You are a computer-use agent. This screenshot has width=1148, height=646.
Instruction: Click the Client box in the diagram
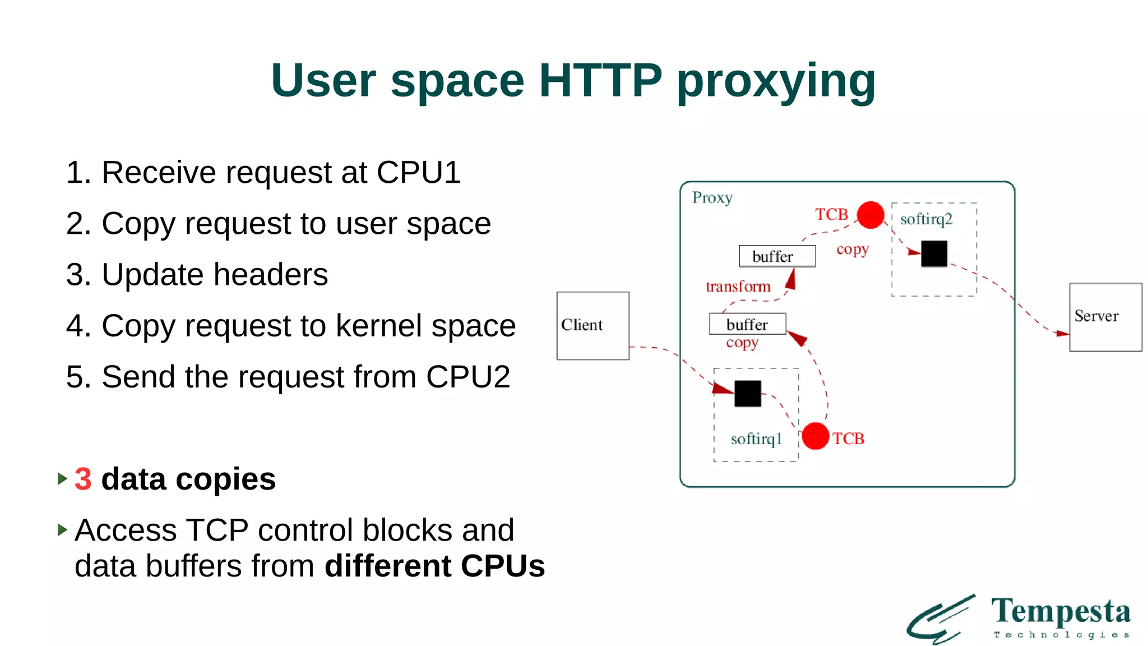(592, 325)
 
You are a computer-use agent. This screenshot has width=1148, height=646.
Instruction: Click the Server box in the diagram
(1105, 317)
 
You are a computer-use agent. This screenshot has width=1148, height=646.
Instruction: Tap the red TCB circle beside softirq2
(870, 215)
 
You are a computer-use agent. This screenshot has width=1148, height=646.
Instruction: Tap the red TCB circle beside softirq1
(815, 436)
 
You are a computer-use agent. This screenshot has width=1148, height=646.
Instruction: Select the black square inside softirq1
(747, 394)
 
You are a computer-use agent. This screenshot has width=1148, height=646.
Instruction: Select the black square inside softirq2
(934, 253)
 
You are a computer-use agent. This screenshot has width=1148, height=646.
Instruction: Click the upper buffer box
(777, 256)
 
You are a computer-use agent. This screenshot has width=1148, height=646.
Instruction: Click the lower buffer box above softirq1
(747, 324)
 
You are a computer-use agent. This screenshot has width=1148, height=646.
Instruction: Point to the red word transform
(738, 287)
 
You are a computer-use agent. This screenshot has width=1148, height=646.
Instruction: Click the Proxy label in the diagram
(712, 197)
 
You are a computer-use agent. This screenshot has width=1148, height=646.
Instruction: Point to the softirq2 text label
(926, 219)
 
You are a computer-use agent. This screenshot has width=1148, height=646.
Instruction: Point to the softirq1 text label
(756, 439)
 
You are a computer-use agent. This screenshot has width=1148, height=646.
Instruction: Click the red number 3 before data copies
(83, 479)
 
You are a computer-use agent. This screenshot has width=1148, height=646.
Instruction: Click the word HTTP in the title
(600, 81)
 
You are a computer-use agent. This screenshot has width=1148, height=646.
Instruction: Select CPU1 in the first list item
(418, 173)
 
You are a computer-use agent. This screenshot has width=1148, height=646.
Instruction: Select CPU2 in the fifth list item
(467, 377)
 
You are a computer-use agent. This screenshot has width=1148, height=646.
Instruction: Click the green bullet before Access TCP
(62, 529)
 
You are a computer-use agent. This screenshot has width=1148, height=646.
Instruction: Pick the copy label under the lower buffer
(742, 343)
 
